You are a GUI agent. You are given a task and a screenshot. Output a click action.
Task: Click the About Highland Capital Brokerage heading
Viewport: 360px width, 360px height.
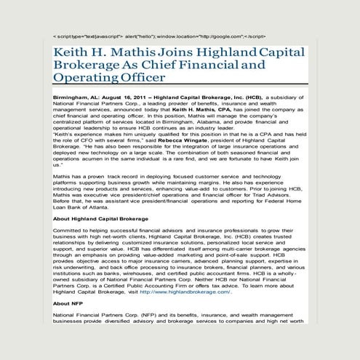point(101,218)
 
